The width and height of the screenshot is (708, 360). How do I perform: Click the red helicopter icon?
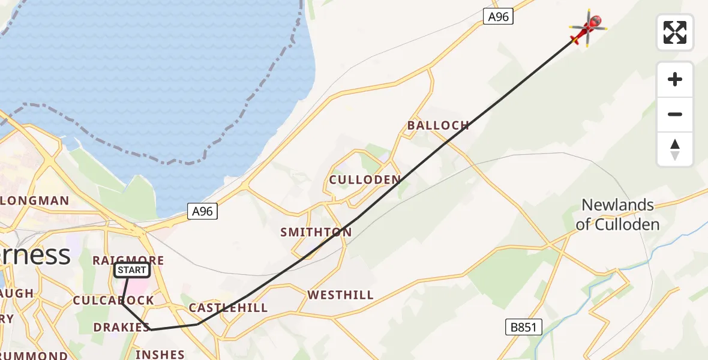(588, 27)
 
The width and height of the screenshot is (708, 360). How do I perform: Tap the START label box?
(131, 270)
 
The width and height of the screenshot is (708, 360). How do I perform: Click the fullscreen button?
(675, 32)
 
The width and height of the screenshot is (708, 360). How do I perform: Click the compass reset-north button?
(675, 149)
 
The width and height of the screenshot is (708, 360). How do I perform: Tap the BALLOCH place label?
(438, 125)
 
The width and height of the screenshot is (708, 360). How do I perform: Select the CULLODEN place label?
(365, 179)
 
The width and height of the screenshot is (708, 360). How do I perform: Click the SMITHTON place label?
(316, 232)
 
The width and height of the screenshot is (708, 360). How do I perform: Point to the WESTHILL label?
(340, 295)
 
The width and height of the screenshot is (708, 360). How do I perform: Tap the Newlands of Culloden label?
(617, 215)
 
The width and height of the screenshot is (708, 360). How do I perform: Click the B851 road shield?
(523, 327)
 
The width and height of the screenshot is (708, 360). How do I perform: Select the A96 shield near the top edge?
(498, 17)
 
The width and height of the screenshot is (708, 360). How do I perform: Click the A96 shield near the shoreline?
(202, 211)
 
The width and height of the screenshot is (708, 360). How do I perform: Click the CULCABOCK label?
(113, 300)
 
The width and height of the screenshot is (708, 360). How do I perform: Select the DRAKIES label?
(121, 327)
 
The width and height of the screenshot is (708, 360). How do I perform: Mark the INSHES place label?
(160, 355)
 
